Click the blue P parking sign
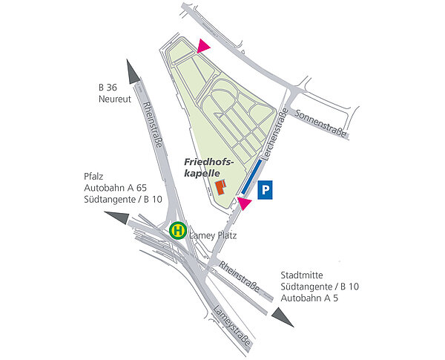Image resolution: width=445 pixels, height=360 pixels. (x=266, y=190)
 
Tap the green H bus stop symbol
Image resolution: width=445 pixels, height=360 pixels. (x=178, y=231)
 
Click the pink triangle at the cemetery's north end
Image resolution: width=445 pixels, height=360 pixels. (x=203, y=47)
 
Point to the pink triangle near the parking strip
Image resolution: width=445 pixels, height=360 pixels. (x=244, y=203)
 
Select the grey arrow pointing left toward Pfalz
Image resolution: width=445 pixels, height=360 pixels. (x=116, y=217)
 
